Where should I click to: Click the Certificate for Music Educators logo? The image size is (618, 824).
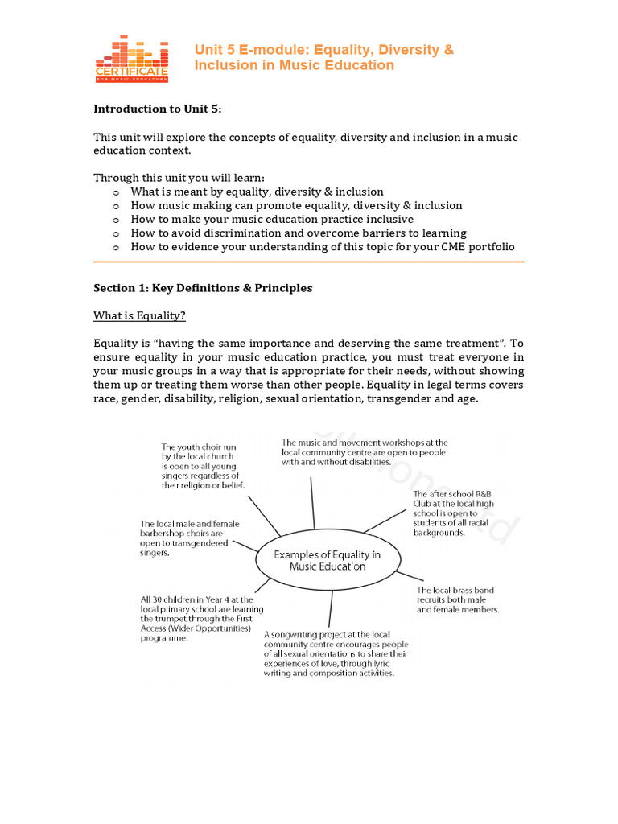point(132,58)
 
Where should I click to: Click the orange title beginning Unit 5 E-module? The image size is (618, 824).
point(323,57)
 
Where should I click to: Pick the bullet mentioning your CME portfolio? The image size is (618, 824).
point(322,247)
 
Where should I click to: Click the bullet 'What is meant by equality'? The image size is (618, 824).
point(257,192)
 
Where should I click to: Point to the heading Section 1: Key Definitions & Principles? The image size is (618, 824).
point(203,288)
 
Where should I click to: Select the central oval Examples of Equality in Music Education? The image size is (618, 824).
point(328,560)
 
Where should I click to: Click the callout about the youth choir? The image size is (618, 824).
point(204,466)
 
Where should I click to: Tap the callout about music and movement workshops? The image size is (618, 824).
point(364,452)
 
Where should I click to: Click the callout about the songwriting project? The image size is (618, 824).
point(336,654)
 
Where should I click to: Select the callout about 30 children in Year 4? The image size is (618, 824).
point(201,619)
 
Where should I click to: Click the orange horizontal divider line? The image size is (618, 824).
point(309,262)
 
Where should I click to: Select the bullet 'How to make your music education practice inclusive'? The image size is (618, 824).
point(272,220)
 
